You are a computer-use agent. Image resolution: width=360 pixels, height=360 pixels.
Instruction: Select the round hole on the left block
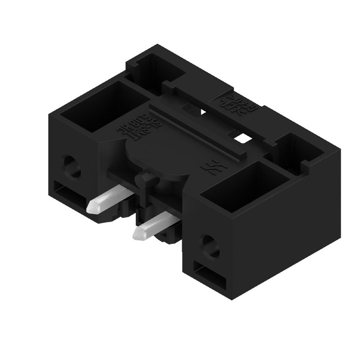point(72,165)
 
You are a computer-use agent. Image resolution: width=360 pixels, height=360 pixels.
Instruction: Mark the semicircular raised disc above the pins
point(160,157)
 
